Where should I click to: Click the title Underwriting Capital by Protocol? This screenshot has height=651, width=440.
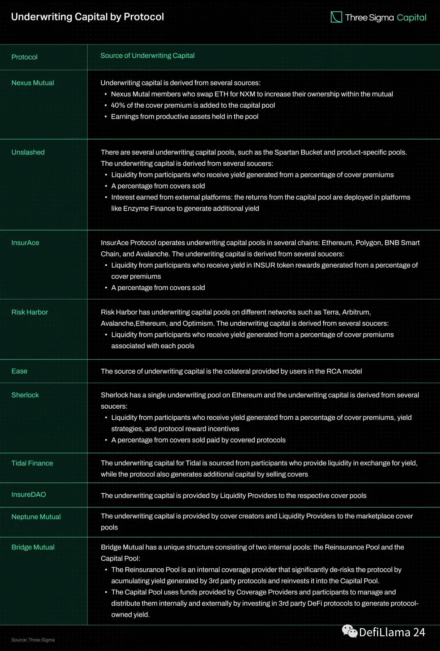(x=87, y=17)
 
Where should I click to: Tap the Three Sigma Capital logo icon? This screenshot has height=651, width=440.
(x=336, y=17)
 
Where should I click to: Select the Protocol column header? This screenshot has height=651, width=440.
(x=24, y=57)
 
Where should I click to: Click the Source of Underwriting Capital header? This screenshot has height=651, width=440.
(x=147, y=55)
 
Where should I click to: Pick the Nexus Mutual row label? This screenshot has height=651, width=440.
(x=33, y=83)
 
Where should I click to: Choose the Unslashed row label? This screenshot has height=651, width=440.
(x=28, y=152)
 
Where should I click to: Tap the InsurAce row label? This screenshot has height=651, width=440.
(x=25, y=243)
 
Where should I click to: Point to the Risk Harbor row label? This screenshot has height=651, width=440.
(x=30, y=312)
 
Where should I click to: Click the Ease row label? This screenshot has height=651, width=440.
(x=19, y=371)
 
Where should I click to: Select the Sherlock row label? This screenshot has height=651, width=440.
(x=25, y=395)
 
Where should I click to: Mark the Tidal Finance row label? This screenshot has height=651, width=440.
(x=32, y=463)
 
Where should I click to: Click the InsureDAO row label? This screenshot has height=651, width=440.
(x=29, y=494)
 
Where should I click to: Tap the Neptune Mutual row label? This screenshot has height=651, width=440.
(x=36, y=517)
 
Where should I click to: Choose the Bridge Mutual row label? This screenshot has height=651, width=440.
(x=33, y=547)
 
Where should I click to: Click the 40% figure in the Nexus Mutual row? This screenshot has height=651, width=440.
(x=118, y=105)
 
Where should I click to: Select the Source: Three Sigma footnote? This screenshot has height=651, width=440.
(x=33, y=640)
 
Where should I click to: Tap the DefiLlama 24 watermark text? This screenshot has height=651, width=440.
(x=392, y=632)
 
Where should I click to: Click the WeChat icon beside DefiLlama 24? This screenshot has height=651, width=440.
(x=350, y=631)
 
